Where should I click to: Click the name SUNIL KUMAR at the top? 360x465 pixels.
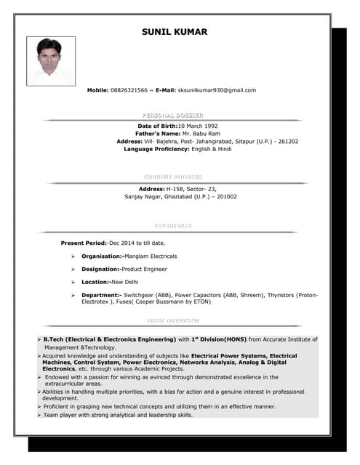tap(174, 32)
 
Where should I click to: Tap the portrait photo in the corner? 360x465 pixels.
tap(49, 61)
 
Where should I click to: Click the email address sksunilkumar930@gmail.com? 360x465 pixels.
tap(217, 90)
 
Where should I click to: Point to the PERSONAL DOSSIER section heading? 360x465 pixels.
tap(173, 116)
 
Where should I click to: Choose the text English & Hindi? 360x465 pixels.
tap(212, 149)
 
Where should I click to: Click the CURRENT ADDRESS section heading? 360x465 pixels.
tap(173, 177)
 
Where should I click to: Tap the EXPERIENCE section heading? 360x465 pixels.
tap(173, 226)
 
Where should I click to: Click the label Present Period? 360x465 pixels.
tap(83, 243)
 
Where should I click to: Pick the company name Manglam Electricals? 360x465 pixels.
tap(150, 256)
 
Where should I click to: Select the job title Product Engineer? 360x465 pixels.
tap(145, 269)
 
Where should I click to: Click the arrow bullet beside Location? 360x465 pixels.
tap(73, 282)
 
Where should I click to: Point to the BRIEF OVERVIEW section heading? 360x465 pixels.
tap(173, 320)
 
